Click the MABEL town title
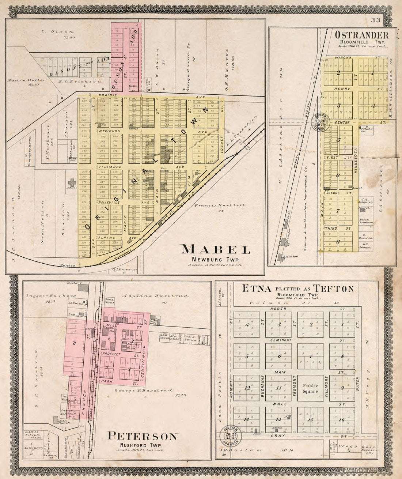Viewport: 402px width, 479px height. [x=216, y=250]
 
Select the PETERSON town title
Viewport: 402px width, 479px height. [x=143, y=436]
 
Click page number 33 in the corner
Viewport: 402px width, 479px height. [x=375, y=20]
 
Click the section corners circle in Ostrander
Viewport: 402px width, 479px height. [x=322, y=121]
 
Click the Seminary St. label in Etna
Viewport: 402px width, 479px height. [x=281, y=340]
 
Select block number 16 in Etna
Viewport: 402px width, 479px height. [x=342, y=420]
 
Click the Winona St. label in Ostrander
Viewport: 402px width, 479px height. [x=342, y=57]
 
